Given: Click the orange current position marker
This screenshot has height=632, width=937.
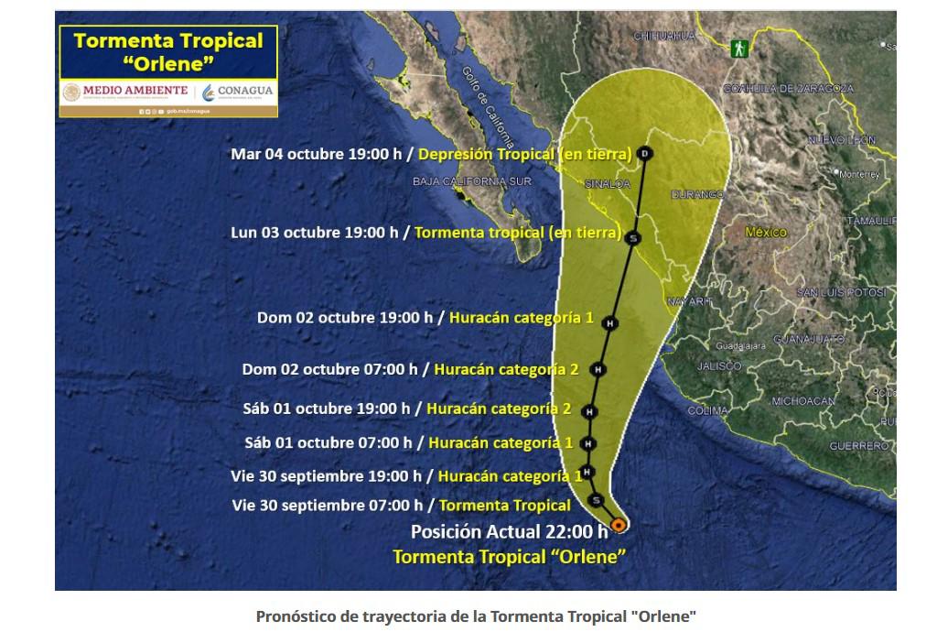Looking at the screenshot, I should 619,525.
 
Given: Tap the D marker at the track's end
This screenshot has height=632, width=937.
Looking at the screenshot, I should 646,154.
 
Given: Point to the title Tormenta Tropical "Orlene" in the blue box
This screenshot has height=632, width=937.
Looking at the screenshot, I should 167,51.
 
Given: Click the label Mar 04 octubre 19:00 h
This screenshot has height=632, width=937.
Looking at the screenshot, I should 316,154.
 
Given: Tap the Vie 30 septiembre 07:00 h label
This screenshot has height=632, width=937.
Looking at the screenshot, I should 328,505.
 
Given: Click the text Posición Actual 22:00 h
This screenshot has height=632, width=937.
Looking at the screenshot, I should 509,529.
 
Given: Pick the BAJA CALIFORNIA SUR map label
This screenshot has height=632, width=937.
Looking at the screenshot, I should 471,181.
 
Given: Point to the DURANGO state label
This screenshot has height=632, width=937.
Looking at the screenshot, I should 698,194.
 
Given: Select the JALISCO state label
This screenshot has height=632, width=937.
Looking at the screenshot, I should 719,365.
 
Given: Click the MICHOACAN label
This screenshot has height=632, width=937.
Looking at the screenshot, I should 802,401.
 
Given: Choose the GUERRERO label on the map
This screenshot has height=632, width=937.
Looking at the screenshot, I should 858,445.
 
